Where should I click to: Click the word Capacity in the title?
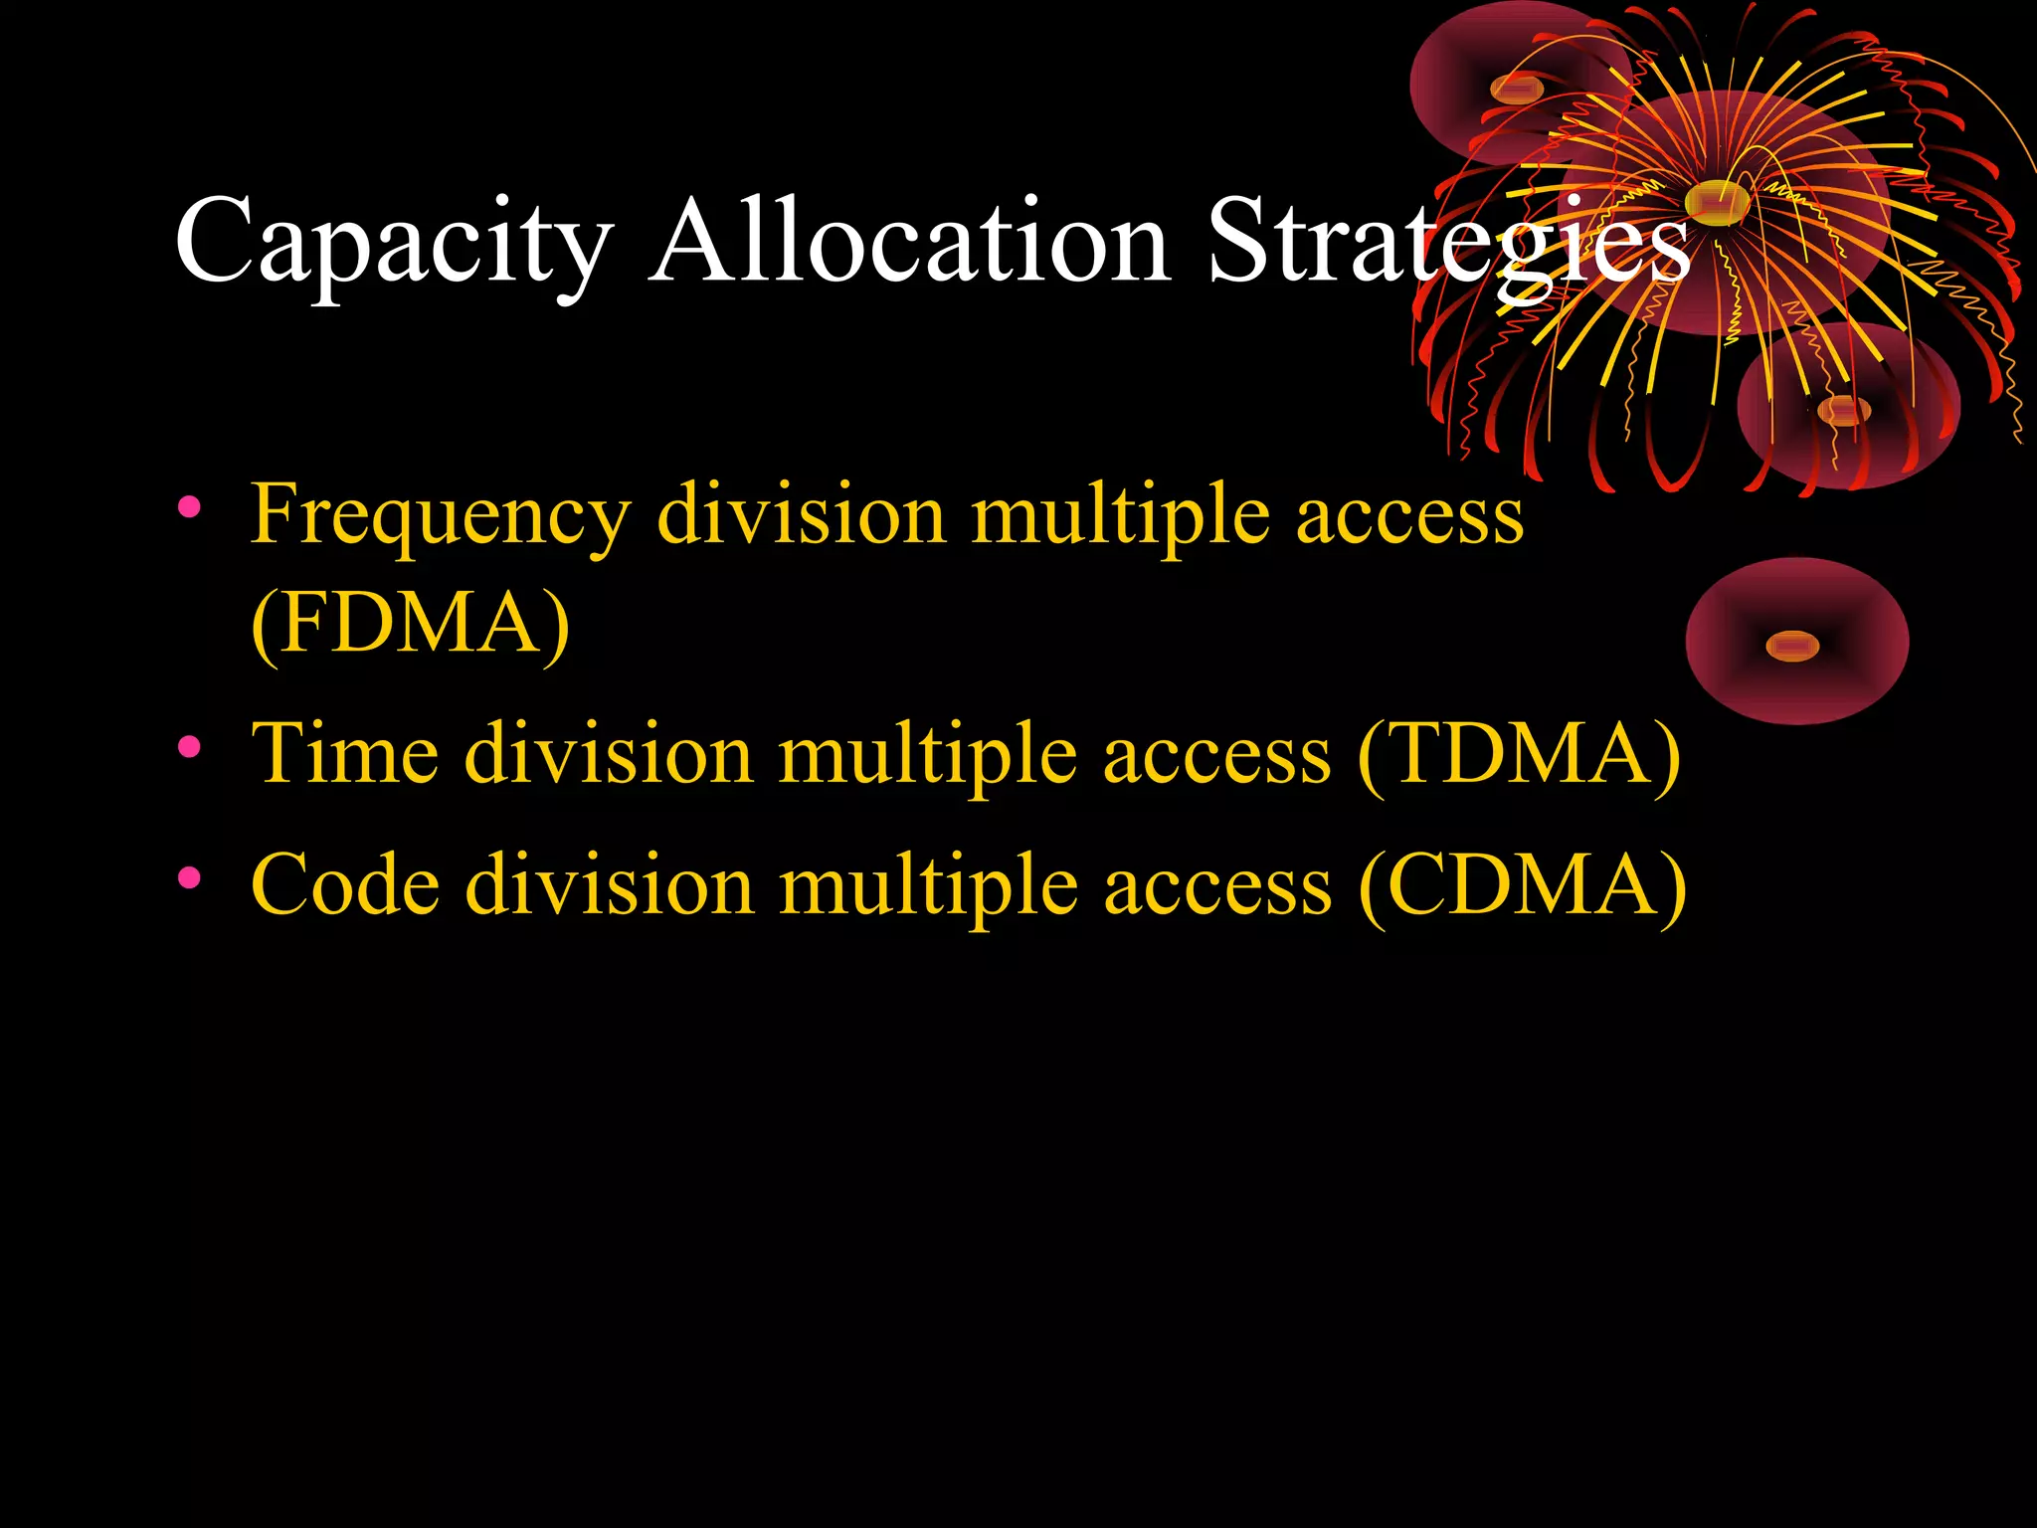click(393, 244)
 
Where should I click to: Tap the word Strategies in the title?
click(1447, 244)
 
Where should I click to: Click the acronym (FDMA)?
click(410, 624)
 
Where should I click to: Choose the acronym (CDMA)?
click(1522, 885)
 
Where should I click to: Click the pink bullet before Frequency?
click(189, 508)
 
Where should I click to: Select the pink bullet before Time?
click(189, 746)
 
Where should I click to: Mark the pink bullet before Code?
click(189, 877)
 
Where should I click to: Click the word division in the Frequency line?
click(801, 515)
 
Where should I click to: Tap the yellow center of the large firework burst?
click(1717, 202)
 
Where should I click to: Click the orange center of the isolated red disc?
click(1792, 646)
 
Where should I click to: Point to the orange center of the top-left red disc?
click(1517, 90)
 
